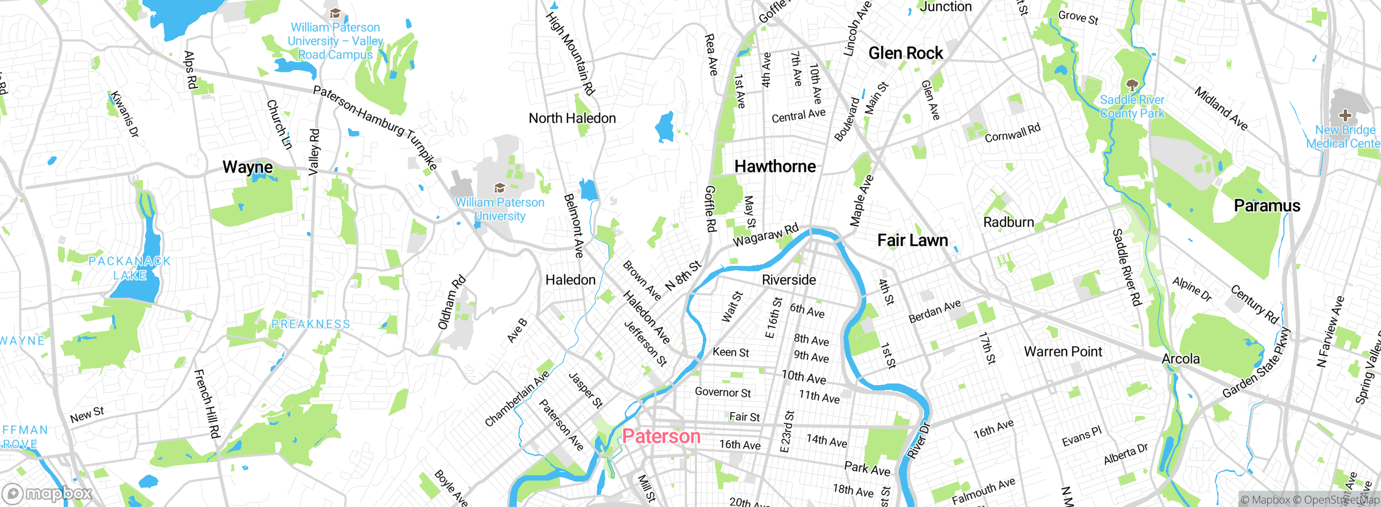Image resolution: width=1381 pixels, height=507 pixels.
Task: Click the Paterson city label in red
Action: point(661,436)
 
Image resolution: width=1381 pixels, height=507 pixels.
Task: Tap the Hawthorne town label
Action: point(775,167)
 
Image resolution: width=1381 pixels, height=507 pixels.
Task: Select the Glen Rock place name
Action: point(905,53)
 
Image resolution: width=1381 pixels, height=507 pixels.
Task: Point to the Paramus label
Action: point(1267,206)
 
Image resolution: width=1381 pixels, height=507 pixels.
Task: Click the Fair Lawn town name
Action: point(912,241)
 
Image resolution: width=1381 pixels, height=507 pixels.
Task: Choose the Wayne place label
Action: point(248,167)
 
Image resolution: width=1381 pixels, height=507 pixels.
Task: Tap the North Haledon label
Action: point(572,119)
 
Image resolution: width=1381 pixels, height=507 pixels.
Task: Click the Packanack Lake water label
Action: point(129,268)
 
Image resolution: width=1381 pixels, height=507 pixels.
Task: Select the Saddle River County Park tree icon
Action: point(1132,85)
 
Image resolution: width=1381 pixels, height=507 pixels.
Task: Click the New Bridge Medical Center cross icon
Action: point(1345,115)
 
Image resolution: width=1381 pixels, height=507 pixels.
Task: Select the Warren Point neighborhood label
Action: point(1063,352)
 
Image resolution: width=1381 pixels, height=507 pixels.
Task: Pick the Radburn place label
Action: point(1008,223)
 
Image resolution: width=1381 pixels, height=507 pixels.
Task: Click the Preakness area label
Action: point(311,324)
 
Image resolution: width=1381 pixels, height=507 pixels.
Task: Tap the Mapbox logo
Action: point(47,494)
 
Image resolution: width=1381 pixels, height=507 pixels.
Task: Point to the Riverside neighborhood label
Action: point(789,280)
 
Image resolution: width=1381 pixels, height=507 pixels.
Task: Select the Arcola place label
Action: point(1180,359)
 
